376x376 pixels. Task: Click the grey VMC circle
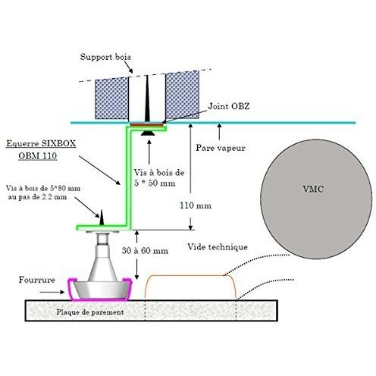pos(316,199)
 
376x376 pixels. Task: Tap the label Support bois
pos(105,57)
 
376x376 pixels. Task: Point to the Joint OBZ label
pos(229,106)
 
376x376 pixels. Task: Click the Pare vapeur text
pos(221,148)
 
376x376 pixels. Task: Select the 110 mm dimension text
pos(196,205)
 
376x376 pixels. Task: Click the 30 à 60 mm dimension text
pos(145,251)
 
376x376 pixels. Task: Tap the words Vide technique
pos(218,247)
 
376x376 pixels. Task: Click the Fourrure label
pos(37,280)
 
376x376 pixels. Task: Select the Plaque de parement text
pos(90,312)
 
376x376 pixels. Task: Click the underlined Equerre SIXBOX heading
pos(41,143)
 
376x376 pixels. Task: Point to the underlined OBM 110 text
pos(38,155)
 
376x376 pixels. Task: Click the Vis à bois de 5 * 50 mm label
pos(159,177)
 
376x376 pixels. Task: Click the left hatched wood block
pos(112,99)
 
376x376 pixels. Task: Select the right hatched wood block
pos(182,95)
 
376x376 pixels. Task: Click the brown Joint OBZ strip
pos(146,125)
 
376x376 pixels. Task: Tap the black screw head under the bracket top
pos(148,133)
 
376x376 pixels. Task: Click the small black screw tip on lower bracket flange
pos(102,218)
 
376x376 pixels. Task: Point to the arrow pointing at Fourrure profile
pos(52,292)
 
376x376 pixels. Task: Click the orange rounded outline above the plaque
pos(191,276)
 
